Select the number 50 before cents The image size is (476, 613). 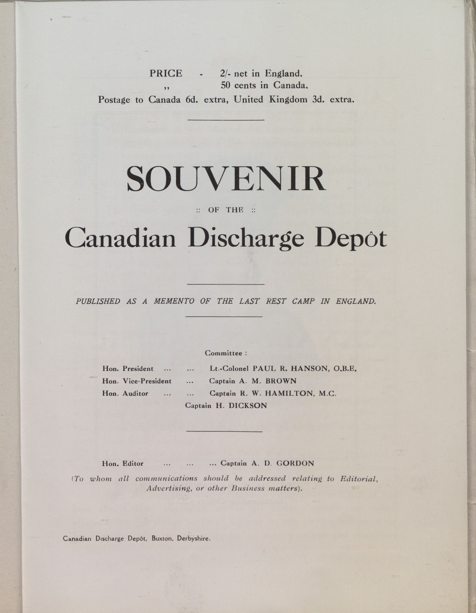[225, 85]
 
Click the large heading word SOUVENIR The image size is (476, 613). [226, 179]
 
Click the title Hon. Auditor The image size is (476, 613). [125, 394]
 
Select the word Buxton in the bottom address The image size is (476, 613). [162, 539]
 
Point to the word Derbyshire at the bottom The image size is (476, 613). [193, 539]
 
